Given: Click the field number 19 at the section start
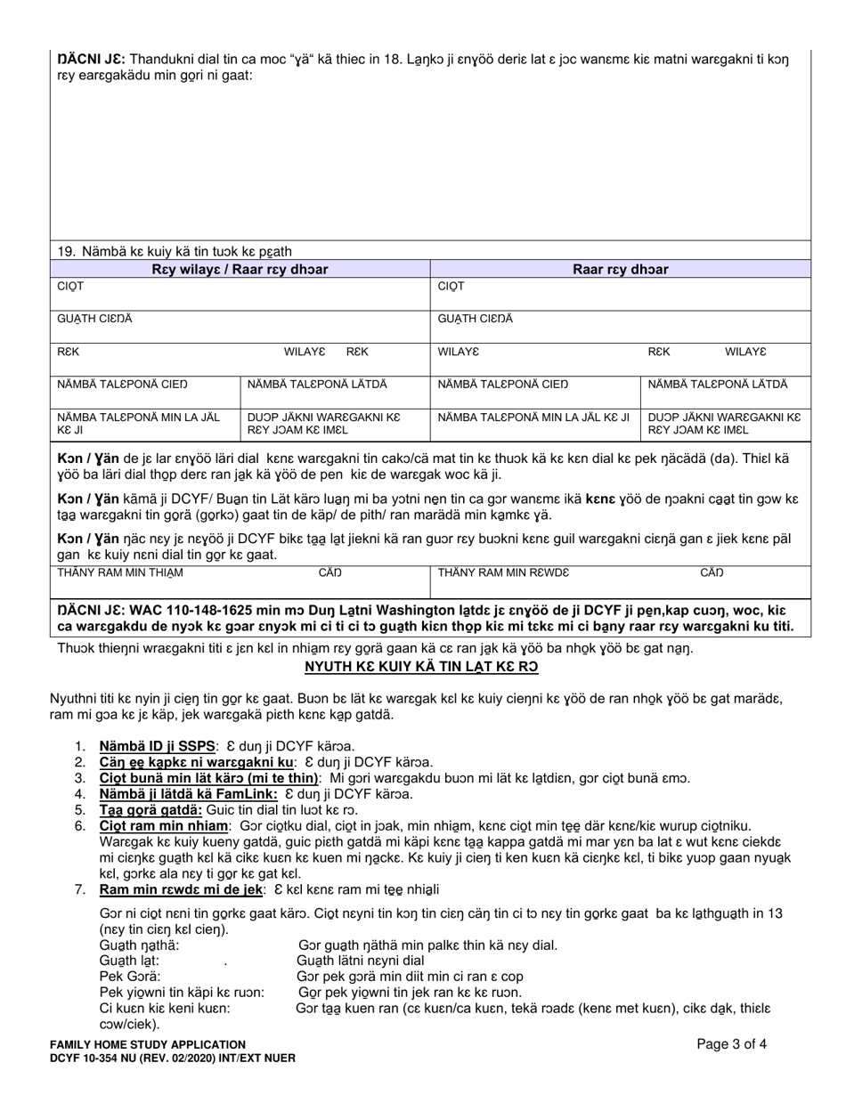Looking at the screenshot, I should [66, 251].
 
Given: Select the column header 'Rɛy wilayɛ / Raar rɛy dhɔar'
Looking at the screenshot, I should [239, 269].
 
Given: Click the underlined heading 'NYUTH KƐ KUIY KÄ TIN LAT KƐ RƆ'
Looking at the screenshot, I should [421, 667].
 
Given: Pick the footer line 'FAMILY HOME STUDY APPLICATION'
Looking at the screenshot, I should [148, 1044].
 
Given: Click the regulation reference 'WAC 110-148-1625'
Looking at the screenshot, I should [183, 612].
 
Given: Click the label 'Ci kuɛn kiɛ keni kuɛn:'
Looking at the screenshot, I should [165, 1009].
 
